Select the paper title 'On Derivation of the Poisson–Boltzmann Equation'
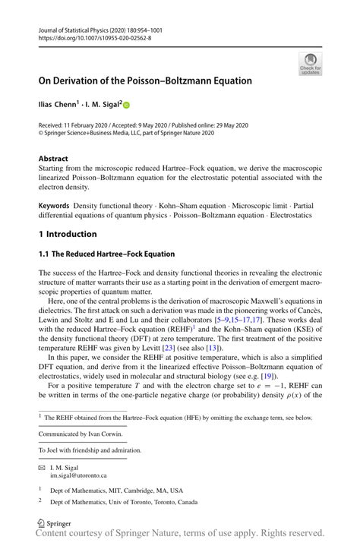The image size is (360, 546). point(145,80)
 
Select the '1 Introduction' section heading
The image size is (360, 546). point(68,234)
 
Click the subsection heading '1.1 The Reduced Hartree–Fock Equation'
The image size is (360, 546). point(106,254)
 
